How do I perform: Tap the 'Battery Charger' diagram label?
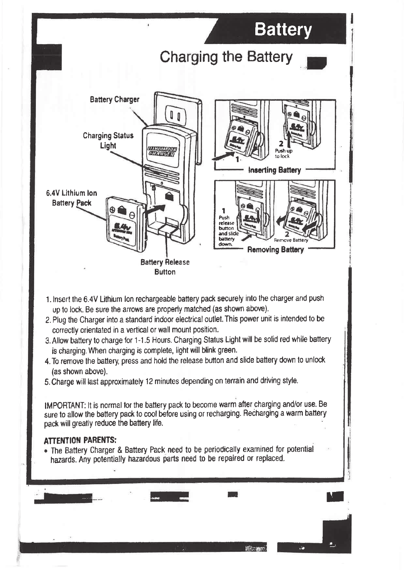coord(114,99)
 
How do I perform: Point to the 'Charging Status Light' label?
coord(108,140)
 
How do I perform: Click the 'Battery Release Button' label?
coord(165,267)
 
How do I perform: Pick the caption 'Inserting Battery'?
coord(274,170)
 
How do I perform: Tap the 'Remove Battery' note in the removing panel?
coord(291,240)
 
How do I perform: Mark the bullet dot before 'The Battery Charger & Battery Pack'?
coord(46,451)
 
